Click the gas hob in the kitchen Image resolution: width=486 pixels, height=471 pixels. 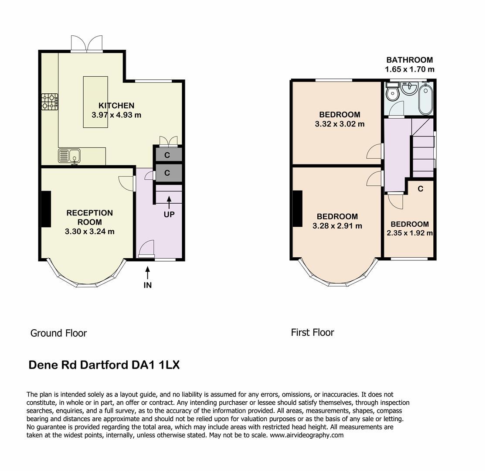point(50,102)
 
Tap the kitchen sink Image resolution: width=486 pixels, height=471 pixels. point(69,156)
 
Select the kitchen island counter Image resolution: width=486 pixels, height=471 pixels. point(95,102)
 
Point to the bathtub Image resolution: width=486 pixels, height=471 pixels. point(425,99)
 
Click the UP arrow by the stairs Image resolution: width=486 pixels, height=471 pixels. point(169,202)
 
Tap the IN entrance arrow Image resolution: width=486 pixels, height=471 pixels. point(147,273)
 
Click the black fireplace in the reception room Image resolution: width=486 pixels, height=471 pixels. point(46,209)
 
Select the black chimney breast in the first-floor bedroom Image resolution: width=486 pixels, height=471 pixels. point(297,208)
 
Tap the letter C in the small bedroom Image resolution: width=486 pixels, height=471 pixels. point(420,189)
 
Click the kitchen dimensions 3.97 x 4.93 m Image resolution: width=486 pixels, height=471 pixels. point(116,115)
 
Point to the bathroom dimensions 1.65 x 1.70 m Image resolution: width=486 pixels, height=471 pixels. point(409,69)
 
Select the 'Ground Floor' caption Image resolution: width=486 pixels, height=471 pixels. point(58,333)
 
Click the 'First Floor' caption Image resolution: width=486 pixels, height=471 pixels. point(313,332)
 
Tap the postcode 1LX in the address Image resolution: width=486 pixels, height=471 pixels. point(169,365)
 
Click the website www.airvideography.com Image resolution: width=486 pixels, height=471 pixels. point(306,435)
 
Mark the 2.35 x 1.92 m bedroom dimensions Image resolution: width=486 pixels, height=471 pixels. point(409,233)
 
